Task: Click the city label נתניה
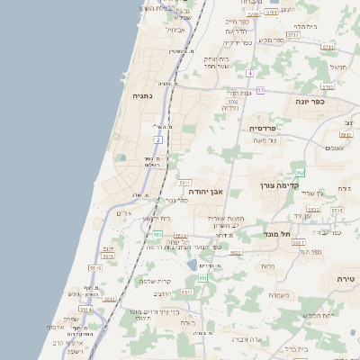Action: [142, 94]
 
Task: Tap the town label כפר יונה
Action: [310, 102]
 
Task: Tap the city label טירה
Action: [346, 280]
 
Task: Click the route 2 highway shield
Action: [158, 139]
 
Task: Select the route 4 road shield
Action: [249, 72]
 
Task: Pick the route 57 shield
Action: [260, 91]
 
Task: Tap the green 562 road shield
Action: [300, 172]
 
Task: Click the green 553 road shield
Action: [157, 235]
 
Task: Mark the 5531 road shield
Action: [184, 183]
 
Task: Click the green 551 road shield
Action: [202, 278]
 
